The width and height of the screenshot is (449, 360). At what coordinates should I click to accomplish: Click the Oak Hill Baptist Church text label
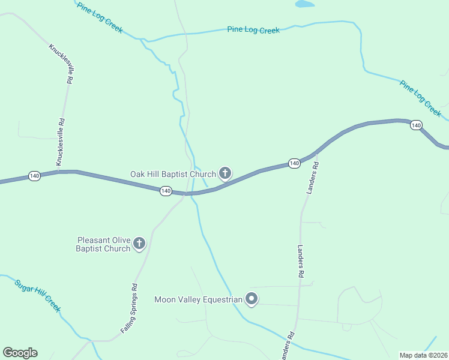(x=172, y=174)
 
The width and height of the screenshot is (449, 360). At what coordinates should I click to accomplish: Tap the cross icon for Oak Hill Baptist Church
(x=225, y=174)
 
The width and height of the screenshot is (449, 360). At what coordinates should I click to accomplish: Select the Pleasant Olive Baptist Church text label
(x=103, y=244)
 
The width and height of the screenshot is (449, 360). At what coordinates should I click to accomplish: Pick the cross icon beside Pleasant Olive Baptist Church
(x=139, y=243)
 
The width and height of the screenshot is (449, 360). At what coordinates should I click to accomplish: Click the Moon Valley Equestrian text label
(x=198, y=299)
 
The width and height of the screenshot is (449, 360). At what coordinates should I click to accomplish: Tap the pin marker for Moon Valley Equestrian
(x=252, y=298)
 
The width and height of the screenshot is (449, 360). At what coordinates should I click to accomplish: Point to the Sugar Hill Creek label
(x=38, y=296)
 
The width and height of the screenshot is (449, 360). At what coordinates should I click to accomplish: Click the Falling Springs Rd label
(x=130, y=308)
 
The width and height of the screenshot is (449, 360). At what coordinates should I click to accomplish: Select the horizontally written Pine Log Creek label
(x=253, y=29)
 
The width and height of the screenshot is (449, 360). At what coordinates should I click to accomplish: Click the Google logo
(x=20, y=353)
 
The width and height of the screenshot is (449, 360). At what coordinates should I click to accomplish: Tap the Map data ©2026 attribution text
(x=423, y=355)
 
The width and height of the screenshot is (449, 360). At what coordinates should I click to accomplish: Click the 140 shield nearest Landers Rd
(x=294, y=163)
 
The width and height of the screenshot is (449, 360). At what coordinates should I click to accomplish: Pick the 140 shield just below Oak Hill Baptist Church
(x=166, y=191)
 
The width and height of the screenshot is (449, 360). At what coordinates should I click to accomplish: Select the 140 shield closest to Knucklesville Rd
(x=34, y=176)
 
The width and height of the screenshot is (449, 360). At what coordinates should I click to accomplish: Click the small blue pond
(x=304, y=4)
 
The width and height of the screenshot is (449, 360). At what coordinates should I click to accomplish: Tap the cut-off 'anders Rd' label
(x=288, y=346)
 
